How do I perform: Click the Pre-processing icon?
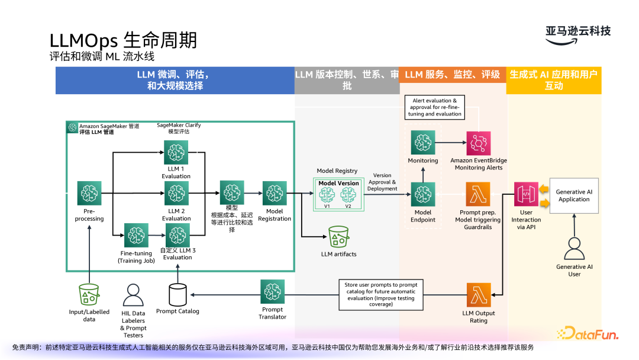pos(89,194)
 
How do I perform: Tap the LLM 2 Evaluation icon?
pos(176,194)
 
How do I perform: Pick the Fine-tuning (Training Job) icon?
pos(136,235)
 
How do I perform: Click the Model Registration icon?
pos(275,194)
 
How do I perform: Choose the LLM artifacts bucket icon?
pos(338,237)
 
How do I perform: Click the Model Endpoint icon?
pos(423,194)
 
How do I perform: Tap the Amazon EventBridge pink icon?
pos(479,143)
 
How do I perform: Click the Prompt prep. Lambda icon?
pos(478,194)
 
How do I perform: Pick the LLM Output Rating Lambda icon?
pos(479,295)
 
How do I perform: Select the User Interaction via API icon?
pos(526,195)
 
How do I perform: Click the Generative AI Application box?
pos(574,195)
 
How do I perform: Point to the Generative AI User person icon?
pos(575,249)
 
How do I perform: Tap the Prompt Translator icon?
pos(273,292)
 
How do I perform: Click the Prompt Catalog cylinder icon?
pos(177,294)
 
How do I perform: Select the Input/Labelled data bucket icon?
pos(89,294)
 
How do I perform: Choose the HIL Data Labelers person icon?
pos(133,295)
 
